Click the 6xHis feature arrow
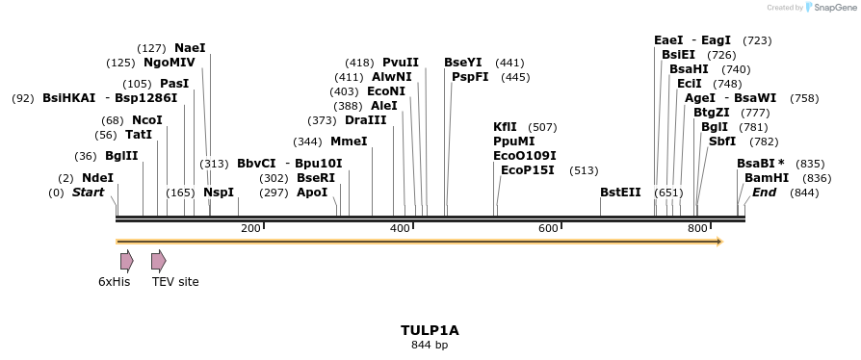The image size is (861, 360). point(126,261)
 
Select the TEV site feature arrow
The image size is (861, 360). point(158,261)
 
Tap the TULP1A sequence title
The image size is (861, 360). point(430,330)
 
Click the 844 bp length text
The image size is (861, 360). point(430,345)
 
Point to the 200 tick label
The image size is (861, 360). point(250,228)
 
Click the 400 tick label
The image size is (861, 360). point(400,228)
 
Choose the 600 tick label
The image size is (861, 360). point(549,228)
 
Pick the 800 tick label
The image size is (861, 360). point(697,228)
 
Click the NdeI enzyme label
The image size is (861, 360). point(97,178)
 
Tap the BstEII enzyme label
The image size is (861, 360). point(620,193)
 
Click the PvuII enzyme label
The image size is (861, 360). point(401,63)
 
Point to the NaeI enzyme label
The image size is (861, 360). point(190,48)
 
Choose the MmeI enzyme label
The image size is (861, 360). point(349,141)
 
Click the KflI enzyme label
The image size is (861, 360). point(505,127)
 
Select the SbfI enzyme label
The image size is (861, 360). point(722,141)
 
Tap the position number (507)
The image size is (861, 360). point(543,127)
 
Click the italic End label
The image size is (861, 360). point(764,193)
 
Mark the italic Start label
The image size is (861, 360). point(88,193)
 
